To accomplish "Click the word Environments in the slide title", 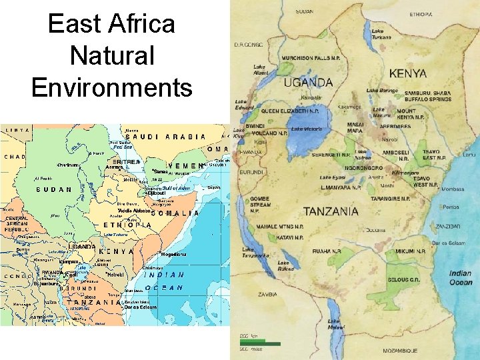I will tap(111, 87).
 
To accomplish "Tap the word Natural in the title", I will tap(111, 56).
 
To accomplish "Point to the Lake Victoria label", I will tap(307, 129).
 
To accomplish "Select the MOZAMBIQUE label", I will tap(400, 350).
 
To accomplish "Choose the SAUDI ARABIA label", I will tap(166, 137).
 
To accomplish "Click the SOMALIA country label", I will tap(175, 213).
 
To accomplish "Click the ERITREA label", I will tap(125, 161).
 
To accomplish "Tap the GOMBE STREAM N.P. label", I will tap(261, 204).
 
